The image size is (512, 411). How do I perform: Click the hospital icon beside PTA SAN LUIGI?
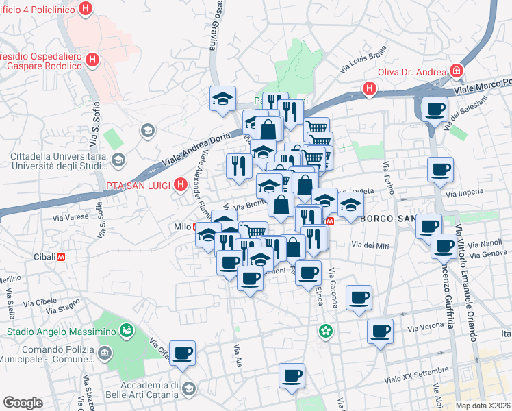pos(181,185)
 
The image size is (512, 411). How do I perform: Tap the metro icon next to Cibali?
pos(62,257)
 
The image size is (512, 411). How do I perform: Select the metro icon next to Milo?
pos(197,227)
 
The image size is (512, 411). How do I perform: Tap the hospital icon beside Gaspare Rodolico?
pos(93,61)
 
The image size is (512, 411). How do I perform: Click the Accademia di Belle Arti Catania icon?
pos(188,390)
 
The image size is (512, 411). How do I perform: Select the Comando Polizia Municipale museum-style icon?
pos(105,353)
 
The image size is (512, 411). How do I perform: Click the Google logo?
pos(23,403)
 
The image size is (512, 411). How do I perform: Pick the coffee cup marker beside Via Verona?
pos(380,332)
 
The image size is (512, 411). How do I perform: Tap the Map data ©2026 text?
pos(483,405)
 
